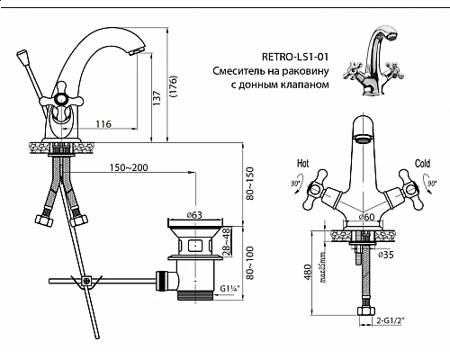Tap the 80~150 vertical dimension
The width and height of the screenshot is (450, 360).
coord(251,184)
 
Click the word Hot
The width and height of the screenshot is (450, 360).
coord(302,165)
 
